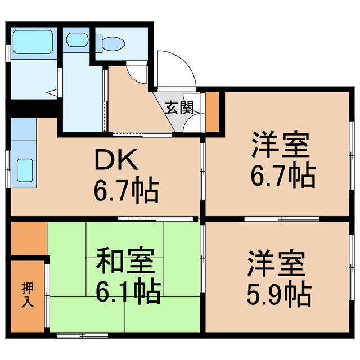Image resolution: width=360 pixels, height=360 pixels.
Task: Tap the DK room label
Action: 115,162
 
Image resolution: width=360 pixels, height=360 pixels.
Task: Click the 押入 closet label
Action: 27,294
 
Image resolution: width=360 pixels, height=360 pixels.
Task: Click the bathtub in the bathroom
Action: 32,40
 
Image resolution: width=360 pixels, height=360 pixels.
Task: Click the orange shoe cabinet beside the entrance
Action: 212,110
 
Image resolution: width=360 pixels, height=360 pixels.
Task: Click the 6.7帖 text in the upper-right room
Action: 282,176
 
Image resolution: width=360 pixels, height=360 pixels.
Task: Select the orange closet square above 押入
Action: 28,238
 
